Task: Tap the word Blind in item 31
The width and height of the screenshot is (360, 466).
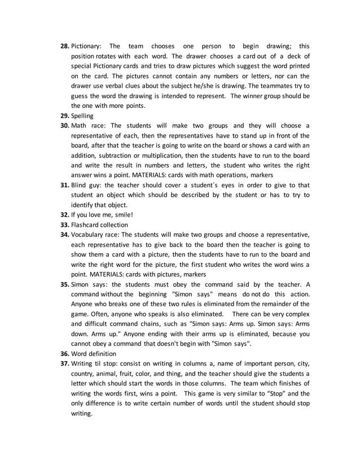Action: click(x=80, y=185)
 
